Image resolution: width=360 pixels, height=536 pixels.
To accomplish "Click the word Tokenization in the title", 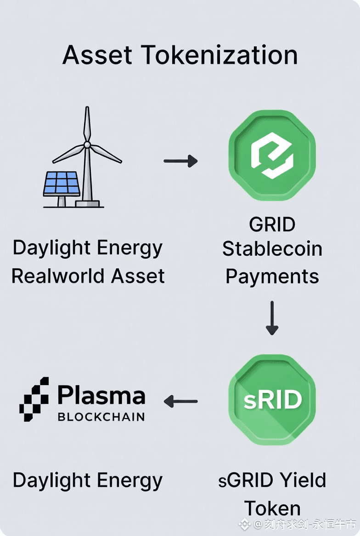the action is (x=220, y=55).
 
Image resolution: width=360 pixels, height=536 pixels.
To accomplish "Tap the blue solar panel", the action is (x=61, y=184).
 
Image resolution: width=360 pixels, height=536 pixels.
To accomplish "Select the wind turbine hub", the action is (x=87, y=145).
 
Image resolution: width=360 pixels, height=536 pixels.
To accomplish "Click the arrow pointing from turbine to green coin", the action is (x=180, y=161).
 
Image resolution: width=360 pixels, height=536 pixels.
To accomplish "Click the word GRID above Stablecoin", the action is (x=272, y=225).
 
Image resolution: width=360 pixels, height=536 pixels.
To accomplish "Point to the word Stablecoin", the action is (x=272, y=249).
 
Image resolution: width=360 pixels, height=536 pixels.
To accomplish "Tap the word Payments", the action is (x=272, y=276).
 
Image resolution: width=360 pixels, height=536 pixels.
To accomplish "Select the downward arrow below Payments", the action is (x=272, y=318).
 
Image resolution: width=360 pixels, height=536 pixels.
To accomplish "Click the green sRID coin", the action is (x=272, y=400).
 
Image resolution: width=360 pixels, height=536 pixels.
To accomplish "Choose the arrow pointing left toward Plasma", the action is (x=180, y=401).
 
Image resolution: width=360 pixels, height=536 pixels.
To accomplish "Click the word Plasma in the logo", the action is (x=101, y=396).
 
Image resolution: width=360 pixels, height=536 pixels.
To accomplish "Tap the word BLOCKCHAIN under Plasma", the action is (x=101, y=417).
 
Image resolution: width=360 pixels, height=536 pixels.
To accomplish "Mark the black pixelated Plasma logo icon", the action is (x=34, y=399).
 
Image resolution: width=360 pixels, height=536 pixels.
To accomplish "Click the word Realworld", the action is (x=54, y=276).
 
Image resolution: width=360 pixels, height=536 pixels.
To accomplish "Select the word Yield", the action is (x=303, y=480).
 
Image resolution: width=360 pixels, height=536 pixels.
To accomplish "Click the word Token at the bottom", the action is (x=272, y=508).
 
